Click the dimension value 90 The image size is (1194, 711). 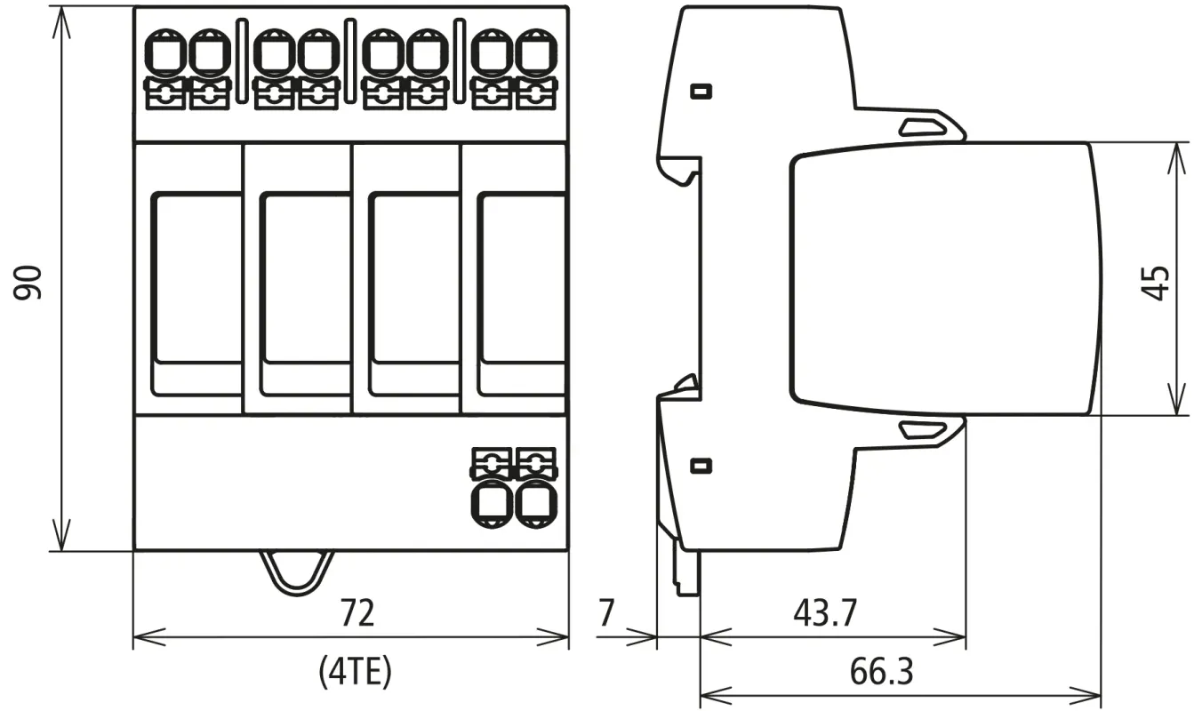(x=31, y=282)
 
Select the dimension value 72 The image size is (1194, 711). (x=358, y=612)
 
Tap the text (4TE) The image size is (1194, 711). (x=355, y=673)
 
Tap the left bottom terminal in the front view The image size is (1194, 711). (x=491, y=504)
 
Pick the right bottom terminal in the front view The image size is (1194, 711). (x=535, y=504)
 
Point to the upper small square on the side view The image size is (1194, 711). (x=701, y=91)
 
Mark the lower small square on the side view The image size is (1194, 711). (x=701, y=465)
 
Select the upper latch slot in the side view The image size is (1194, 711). (x=926, y=127)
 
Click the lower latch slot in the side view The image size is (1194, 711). (x=926, y=430)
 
